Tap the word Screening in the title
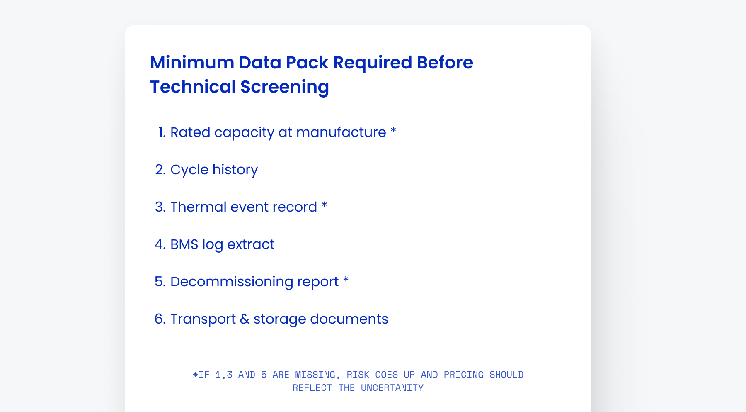tap(285, 87)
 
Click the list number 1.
tap(162, 132)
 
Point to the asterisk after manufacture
tap(393, 131)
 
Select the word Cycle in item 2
tap(189, 170)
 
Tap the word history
tap(235, 170)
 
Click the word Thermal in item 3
tap(199, 207)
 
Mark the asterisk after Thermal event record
tap(324, 205)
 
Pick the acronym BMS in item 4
tap(184, 244)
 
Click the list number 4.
tap(160, 244)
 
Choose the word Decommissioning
tap(232, 282)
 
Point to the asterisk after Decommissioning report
tap(346, 280)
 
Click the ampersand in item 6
tap(245, 319)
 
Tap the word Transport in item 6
tap(203, 319)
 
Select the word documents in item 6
tap(349, 319)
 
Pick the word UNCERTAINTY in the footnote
tap(392, 388)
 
